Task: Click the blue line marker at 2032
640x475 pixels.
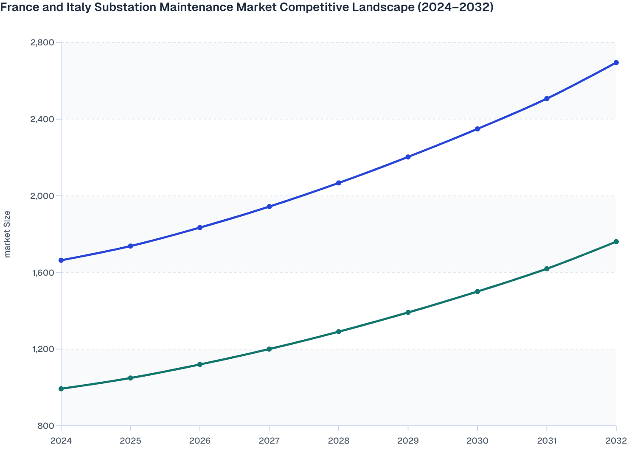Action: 616,63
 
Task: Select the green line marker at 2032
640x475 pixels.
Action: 616,242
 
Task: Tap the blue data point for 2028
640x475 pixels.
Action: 339,183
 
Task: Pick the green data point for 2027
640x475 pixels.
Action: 269,349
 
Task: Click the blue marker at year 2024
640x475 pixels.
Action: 61,260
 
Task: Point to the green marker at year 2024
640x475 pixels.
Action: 61,388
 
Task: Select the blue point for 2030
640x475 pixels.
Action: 477,129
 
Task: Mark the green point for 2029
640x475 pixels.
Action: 408,313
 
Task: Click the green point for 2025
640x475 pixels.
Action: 131,378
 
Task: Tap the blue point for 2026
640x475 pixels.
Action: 200,228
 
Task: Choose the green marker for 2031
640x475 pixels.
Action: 547,269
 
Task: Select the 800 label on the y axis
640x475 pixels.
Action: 47,426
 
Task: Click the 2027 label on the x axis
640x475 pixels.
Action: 269,441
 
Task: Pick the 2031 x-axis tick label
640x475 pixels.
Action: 547,441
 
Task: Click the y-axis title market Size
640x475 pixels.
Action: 7,234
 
